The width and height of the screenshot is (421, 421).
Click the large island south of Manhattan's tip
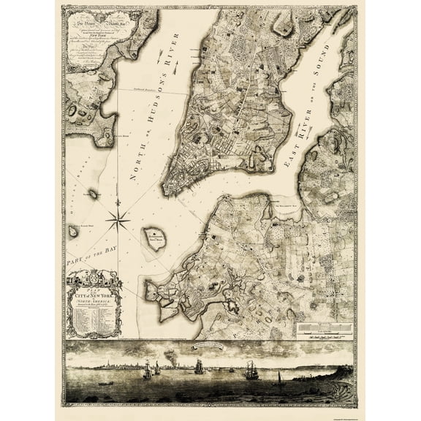pyautogui.click(x=153, y=238)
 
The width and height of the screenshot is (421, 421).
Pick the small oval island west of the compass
pyautogui.click(x=94, y=194)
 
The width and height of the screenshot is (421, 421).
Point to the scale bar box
pyautogui.click(x=326, y=330)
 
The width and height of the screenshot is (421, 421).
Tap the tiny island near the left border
pyautogui.click(x=73, y=232)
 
